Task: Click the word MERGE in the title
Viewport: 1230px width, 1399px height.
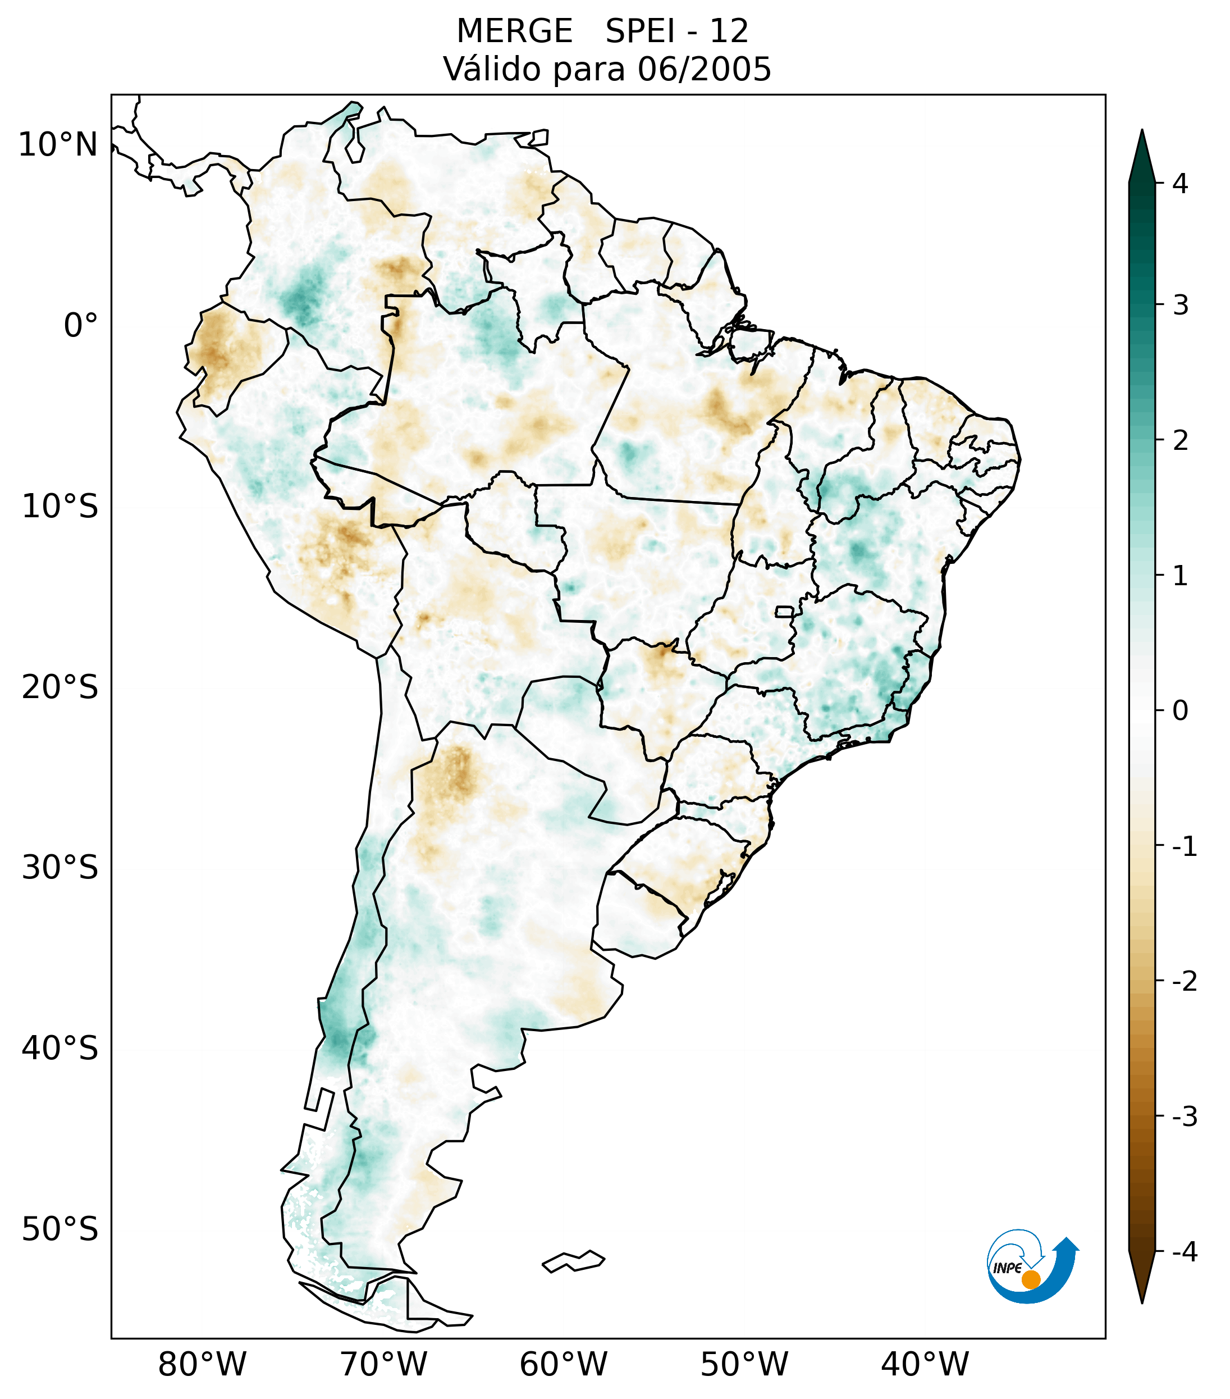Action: click(514, 31)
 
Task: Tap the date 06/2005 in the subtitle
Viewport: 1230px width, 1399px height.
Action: click(704, 69)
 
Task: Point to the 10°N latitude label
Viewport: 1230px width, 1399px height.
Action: click(58, 145)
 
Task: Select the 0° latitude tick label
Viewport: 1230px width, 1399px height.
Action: click(81, 326)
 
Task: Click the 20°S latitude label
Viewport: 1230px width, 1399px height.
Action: click(60, 687)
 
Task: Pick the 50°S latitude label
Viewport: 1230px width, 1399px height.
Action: click(60, 1230)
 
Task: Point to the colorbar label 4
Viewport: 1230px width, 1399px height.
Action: click(1180, 184)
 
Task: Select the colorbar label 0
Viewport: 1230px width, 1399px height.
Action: click(1180, 711)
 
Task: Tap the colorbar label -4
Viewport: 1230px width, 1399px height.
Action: click(1184, 1252)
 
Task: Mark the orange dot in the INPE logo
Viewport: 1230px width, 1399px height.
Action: click(1030, 1279)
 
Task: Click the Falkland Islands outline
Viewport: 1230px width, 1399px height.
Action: click(573, 1261)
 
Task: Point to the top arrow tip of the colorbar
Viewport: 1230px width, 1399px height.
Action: click(1142, 131)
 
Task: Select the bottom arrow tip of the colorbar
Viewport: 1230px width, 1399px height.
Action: click(1142, 1301)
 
